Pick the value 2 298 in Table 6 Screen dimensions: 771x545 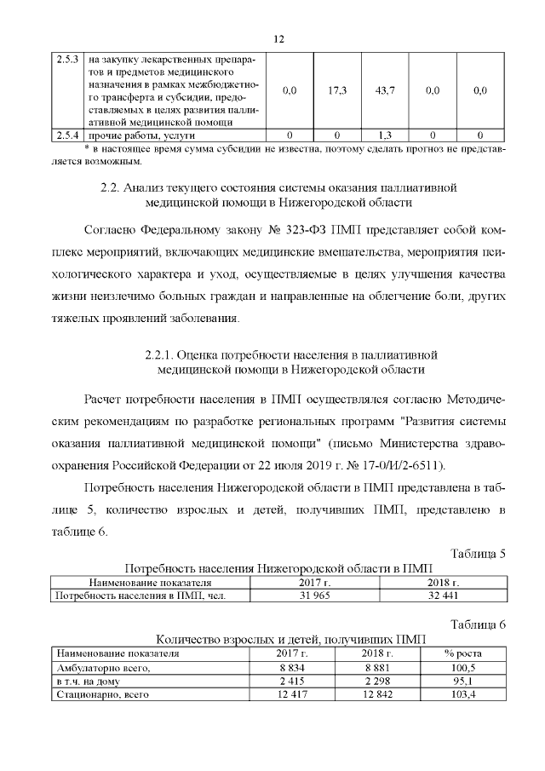coord(375,682)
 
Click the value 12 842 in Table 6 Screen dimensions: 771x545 coord(375,696)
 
